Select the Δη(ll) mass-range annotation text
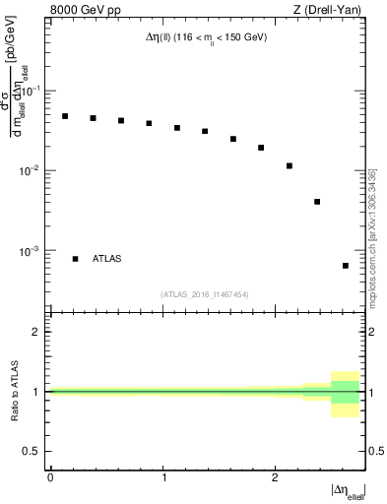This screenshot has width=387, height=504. click(201, 36)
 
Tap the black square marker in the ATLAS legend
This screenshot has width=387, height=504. click(75, 259)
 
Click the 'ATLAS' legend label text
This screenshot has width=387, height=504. click(107, 259)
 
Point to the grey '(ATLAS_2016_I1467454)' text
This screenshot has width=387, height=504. click(205, 293)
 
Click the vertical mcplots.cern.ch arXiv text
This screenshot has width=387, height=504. click(372, 235)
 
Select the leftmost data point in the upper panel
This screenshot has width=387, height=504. click(65, 116)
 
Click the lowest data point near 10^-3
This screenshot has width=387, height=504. click(346, 266)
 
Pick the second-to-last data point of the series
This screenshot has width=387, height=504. click(317, 202)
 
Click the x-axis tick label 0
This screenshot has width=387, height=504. click(50, 476)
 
